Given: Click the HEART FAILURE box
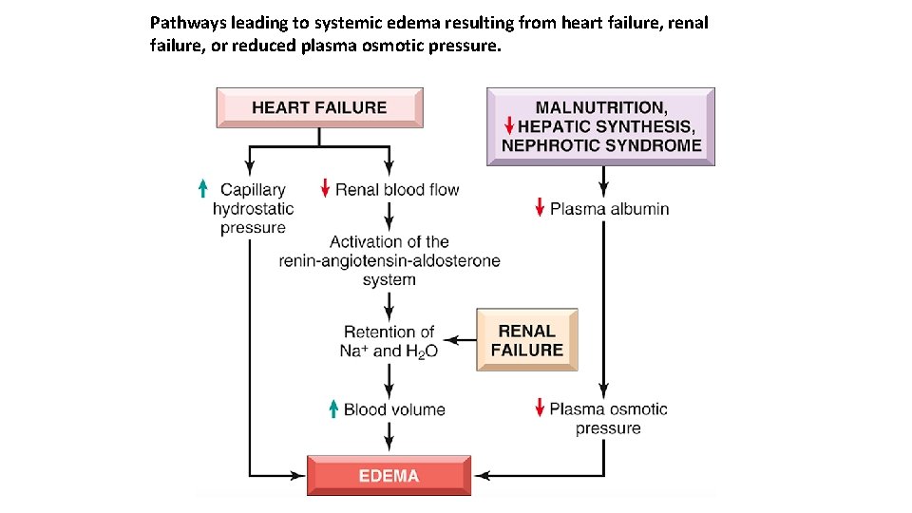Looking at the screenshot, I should click(x=319, y=107).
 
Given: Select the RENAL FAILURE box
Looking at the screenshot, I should click(x=526, y=340).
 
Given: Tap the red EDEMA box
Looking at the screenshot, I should click(x=389, y=475).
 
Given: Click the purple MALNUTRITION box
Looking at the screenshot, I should click(x=600, y=126).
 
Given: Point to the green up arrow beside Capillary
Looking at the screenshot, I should click(x=202, y=189).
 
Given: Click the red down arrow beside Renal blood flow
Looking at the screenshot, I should click(x=325, y=189).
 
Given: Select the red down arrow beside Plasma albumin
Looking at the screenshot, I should click(x=540, y=208).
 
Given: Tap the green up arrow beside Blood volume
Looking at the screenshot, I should click(x=333, y=409).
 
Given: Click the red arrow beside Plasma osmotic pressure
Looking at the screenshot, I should click(x=540, y=409).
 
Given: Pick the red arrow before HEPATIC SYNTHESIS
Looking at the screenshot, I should click(x=509, y=126).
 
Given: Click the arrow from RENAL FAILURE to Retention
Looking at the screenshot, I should click(x=461, y=339).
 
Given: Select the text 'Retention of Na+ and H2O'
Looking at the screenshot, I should click(x=389, y=341).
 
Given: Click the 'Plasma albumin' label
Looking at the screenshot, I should click(x=609, y=209).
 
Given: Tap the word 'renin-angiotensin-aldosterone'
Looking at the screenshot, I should click(x=389, y=261).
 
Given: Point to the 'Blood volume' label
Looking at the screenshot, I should click(x=394, y=410).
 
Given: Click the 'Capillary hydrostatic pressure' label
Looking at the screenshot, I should click(x=253, y=209).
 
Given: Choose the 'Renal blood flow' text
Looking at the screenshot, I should click(x=397, y=190).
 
